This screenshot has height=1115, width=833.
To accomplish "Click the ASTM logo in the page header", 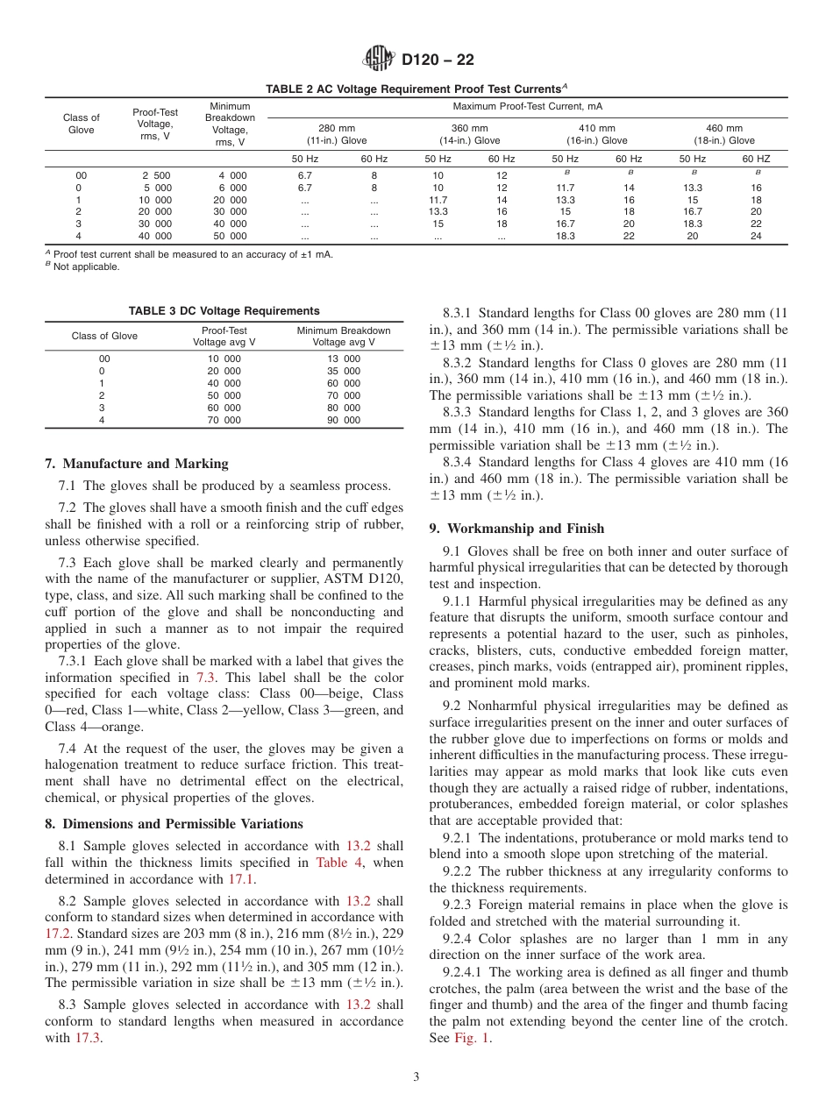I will tap(379, 60).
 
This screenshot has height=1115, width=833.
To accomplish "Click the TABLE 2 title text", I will tap(416, 89).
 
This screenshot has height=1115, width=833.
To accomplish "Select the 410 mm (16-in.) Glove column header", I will tap(596, 134).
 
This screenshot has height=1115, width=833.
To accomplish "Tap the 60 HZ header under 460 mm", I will tap(756, 159).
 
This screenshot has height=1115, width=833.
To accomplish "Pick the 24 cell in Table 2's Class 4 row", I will tap(756, 237).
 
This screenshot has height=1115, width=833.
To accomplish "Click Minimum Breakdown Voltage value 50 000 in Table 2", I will tap(232, 237).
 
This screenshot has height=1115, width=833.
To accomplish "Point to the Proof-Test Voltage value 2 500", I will tap(156, 175).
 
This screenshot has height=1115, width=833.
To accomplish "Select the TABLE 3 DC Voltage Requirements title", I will tap(224, 311).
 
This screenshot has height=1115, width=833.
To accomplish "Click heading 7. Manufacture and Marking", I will tap(137, 464).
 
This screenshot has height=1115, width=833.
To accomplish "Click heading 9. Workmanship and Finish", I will tap(516, 529).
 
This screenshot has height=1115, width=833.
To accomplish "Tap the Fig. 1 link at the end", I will tap(473, 1038).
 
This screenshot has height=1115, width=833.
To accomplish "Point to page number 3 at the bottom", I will tap(416, 1077).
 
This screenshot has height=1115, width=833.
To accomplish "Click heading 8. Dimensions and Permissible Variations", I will tap(174, 824).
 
